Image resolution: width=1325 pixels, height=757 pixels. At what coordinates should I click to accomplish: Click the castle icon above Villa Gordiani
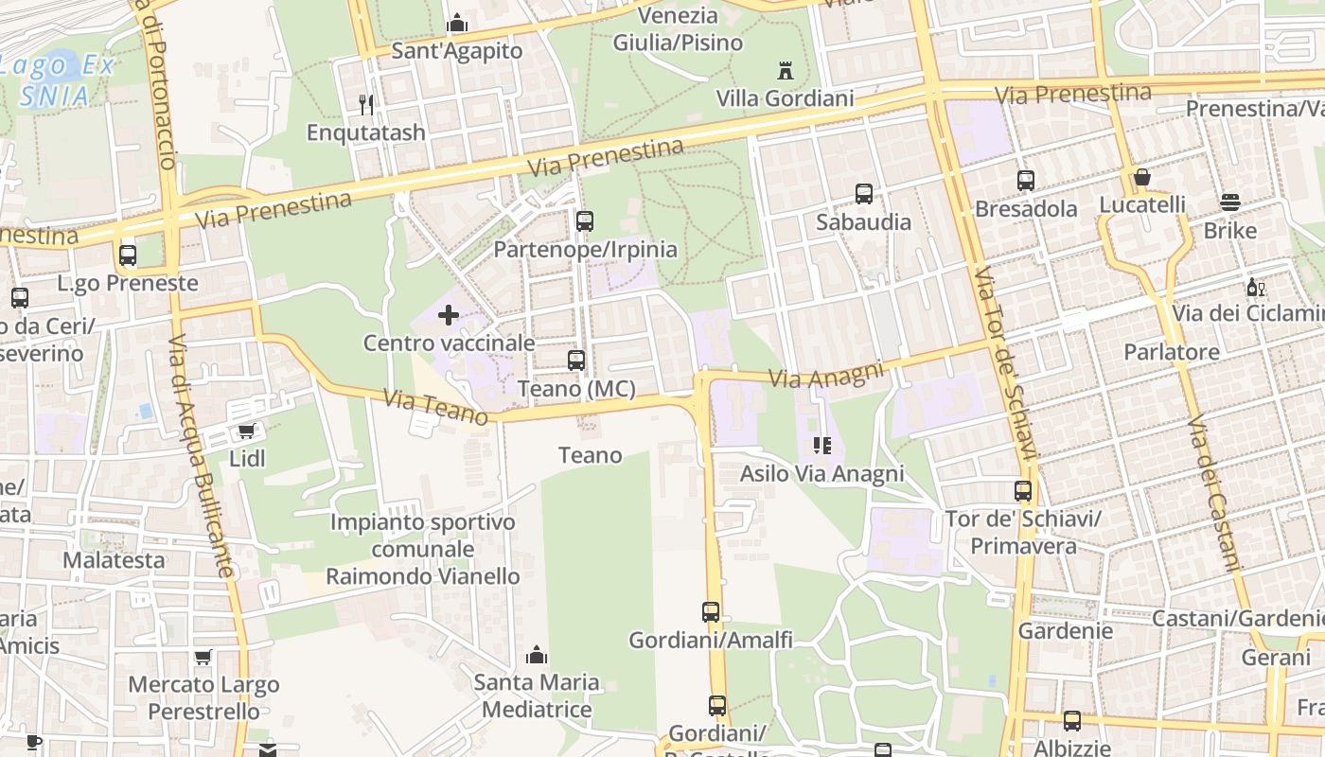[x=785, y=70]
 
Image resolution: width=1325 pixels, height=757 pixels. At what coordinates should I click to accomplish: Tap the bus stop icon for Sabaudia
[x=863, y=194]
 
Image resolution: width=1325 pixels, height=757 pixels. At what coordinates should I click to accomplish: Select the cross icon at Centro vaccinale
[x=449, y=314]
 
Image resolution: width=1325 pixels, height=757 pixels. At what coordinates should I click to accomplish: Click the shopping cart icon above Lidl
[x=247, y=431]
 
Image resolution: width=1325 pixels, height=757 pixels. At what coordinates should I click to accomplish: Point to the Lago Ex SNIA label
[x=57, y=80]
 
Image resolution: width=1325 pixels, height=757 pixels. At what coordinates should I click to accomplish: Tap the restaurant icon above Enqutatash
[x=366, y=104]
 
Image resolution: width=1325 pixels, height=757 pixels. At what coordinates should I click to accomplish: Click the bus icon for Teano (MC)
[x=575, y=361]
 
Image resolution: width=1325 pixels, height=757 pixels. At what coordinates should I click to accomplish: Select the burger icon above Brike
[x=1230, y=202]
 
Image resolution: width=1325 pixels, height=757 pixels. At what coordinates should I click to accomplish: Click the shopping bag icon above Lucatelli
[x=1142, y=177]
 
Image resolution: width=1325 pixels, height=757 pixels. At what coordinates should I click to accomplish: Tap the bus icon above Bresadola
[x=1026, y=181]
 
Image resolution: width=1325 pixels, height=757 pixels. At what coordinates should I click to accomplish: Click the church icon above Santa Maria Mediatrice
[x=537, y=654]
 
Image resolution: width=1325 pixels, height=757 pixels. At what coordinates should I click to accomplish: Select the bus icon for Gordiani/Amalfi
[x=711, y=612]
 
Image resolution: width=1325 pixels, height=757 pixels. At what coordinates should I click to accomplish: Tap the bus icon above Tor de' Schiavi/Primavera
[x=1023, y=491]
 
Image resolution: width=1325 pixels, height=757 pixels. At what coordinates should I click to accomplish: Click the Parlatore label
[x=1172, y=352]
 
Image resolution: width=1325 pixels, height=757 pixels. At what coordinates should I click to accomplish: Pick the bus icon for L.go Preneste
[x=128, y=255]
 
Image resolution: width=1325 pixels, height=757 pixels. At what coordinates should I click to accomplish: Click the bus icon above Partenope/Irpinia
[x=585, y=221]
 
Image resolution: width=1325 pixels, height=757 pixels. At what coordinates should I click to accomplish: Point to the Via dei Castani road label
[x=1213, y=492]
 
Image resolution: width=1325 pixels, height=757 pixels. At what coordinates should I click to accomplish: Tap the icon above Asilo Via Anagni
[x=821, y=446]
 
